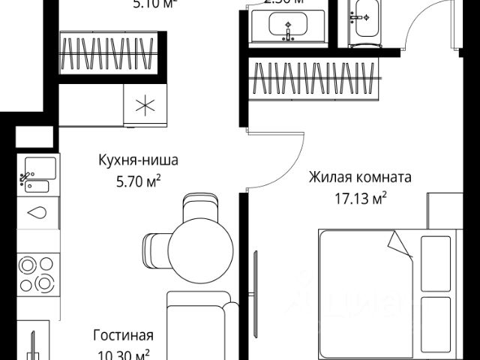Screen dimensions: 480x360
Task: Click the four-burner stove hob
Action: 37,273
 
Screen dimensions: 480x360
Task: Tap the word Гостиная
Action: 123,335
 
